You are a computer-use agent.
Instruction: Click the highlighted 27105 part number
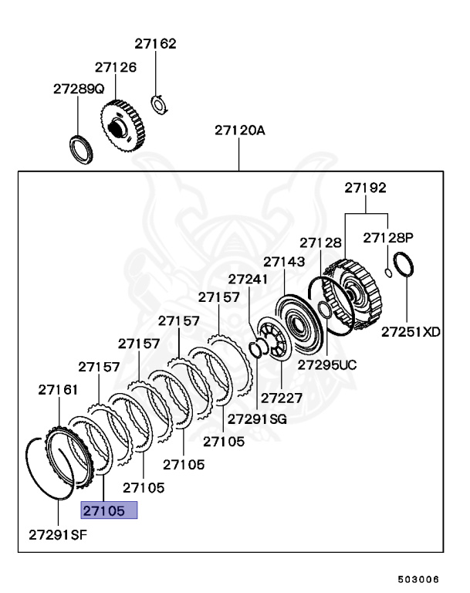[x=110, y=510]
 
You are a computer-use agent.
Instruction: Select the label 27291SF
[x=59, y=534]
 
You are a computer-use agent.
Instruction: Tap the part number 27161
[x=58, y=391]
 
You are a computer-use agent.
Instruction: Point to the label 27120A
[x=239, y=130]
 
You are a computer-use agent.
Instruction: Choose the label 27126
[x=115, y=67]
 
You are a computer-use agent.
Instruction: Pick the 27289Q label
[x=79, y=89]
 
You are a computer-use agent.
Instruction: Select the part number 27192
[x=365, y=188]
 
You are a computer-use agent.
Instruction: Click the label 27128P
[x=388, y=237]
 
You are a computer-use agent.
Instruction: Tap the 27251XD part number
[x=411, y=332]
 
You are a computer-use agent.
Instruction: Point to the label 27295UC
[x=328, y=363]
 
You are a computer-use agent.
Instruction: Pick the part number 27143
[x=284, y=262]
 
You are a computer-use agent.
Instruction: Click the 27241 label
[x=249, y=279]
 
